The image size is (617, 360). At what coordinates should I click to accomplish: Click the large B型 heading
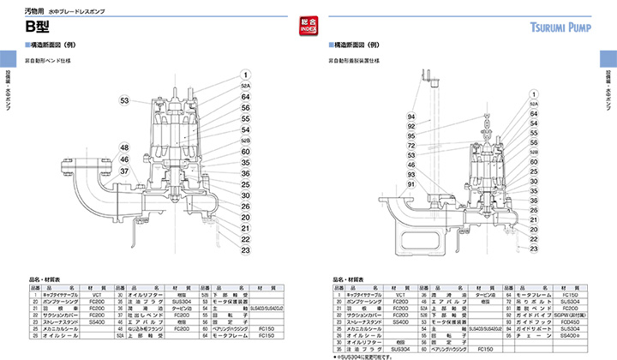tap(40, 26)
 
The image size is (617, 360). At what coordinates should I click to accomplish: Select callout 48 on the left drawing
tap(124, 147)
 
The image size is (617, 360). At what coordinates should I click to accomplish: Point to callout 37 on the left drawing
tap(124, 171)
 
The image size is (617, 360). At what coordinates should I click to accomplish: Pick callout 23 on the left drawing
tap(245, 251)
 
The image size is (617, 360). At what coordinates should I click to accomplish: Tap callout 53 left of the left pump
tap(124, 101)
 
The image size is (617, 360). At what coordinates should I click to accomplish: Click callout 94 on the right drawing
tap(411, 117)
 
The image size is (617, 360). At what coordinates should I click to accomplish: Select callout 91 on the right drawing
tap(411, 184)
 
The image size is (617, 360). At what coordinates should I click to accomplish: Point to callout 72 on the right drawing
tap(411, 146)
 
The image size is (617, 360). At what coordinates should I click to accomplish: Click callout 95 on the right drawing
tap(411, 135)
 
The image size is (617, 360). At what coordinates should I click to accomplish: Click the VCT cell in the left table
tap(97, 294)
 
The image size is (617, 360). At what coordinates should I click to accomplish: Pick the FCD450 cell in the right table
tap(570, 321)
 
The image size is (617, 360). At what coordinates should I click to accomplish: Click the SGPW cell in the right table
tap(570, 315)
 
